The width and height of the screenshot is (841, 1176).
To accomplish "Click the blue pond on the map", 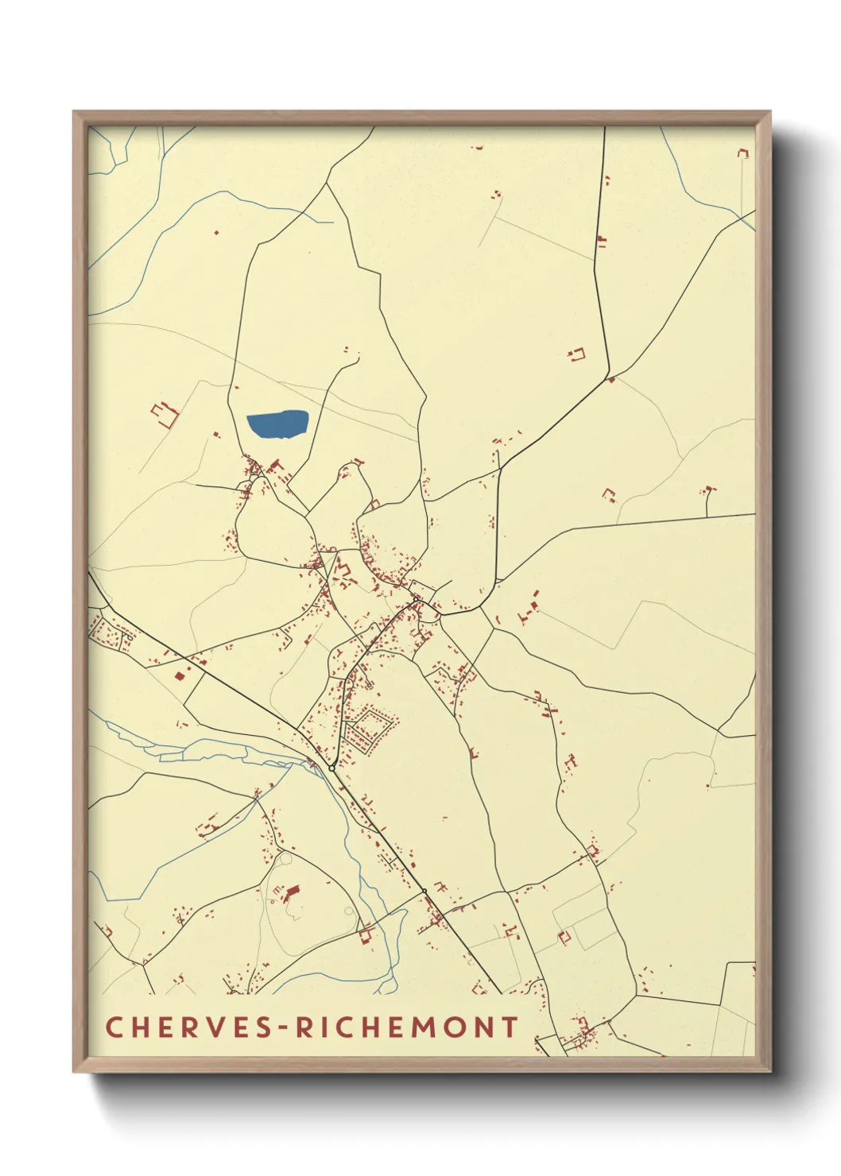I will click(x=277, y=424).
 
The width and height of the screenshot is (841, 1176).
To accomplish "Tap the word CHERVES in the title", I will click(x=192, y=1027).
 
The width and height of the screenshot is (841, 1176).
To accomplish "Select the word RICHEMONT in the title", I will click(x=409, y=1027).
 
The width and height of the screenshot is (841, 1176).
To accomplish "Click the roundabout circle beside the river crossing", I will click(x=331, y=768).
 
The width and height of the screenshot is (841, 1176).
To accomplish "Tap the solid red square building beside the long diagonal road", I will click(x=180, y=675).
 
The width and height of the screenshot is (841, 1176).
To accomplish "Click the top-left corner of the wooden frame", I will click(x=74, y=112).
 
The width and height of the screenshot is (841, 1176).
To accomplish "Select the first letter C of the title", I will click(x=113, y=1027).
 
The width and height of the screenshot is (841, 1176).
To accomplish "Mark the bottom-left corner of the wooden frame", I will click(x=74, y=1071).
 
